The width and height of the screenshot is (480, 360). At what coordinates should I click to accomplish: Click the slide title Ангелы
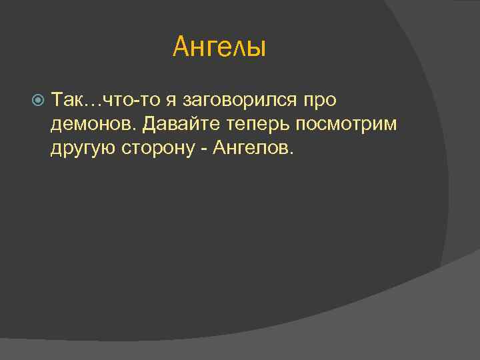click(219, 47)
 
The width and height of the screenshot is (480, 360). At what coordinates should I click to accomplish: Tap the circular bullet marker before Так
click(38, 101)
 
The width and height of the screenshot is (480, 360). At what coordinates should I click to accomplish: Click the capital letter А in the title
click(180, 47)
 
